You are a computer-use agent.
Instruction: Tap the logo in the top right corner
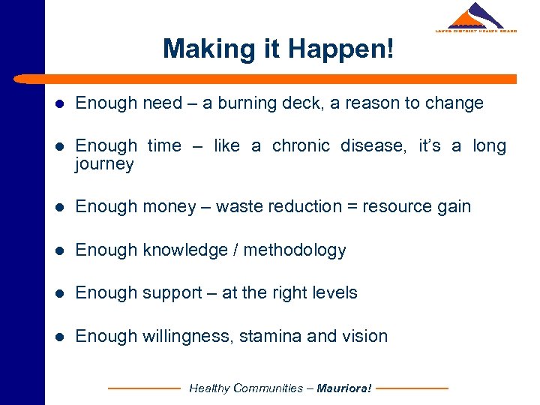[475, 18]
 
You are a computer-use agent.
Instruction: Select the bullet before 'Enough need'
[59, 103]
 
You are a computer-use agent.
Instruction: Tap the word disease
[373, 146]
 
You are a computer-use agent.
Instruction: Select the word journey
[104, 164]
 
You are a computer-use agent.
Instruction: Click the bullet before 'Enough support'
[59, 293]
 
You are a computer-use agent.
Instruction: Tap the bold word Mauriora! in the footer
[344, 388]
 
